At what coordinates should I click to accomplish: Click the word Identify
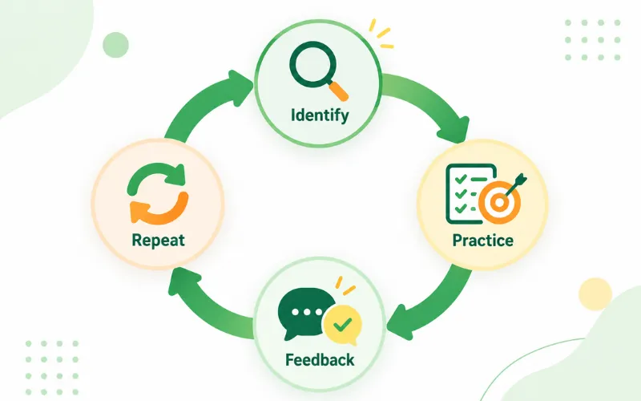(320, 115)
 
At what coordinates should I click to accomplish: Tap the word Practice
(483, 240)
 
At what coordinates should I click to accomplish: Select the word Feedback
(320, 360)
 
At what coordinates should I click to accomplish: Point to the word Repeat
(158, 240)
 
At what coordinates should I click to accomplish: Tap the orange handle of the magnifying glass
(338, 91)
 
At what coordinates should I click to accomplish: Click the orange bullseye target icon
(499, 202)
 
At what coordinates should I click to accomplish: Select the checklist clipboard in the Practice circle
(468, 193)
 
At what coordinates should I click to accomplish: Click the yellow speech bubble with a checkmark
(343, 325)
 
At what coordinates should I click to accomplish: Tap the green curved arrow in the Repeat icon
(156, 178)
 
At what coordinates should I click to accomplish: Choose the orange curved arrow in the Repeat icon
(159, 209)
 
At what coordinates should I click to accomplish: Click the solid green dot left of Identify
(115, 45)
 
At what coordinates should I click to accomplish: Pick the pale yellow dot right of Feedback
(595, 294)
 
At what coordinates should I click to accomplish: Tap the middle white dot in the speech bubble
(307, 312)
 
